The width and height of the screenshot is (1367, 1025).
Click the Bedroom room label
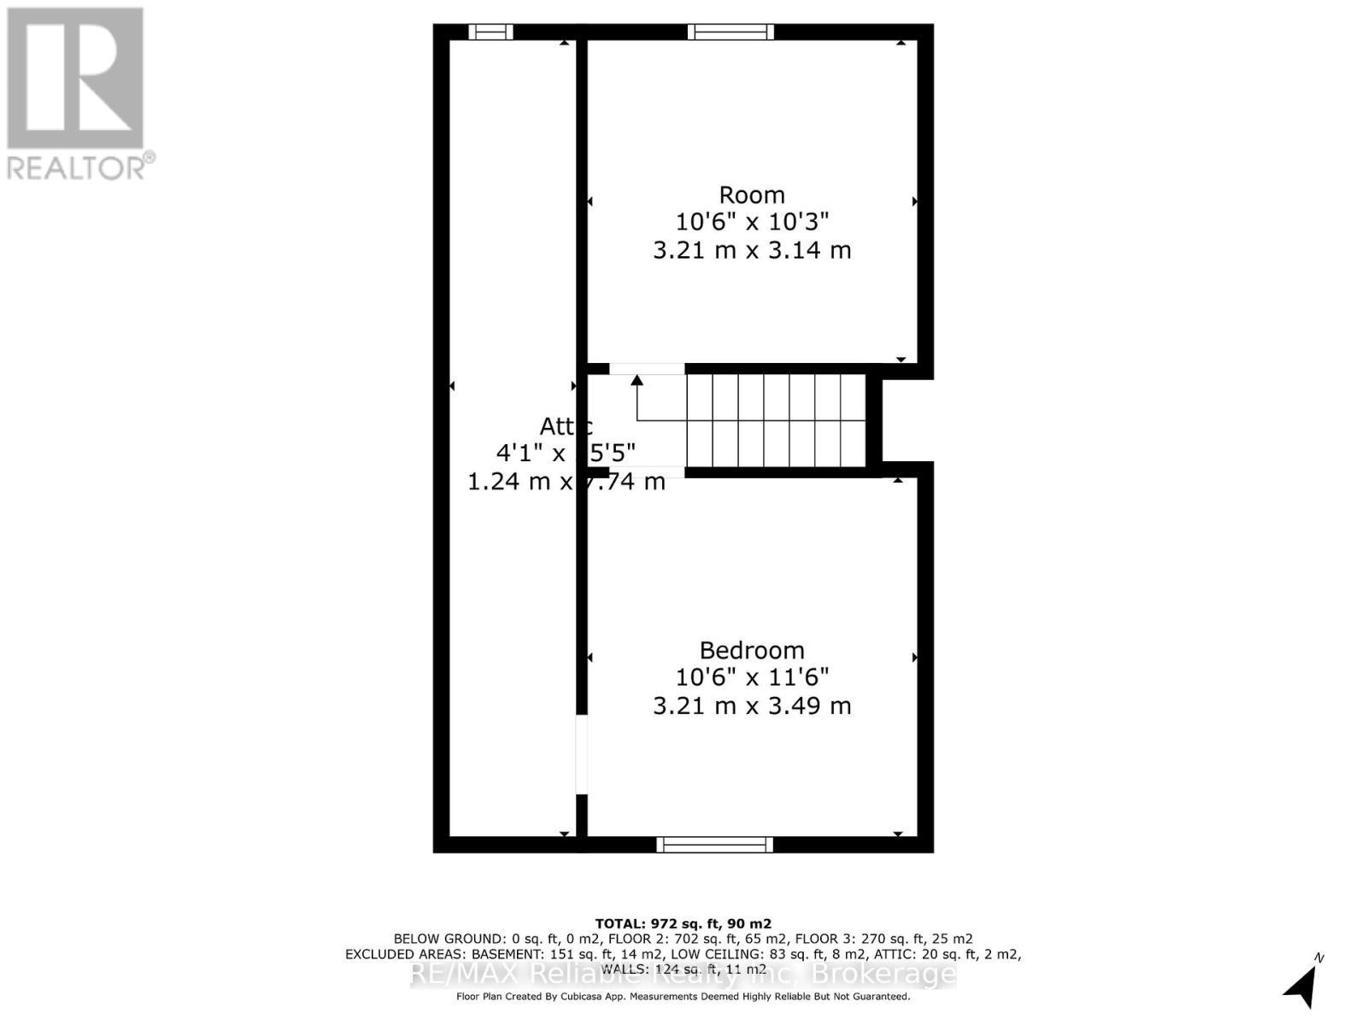pyautogui.click(x=752, y=650)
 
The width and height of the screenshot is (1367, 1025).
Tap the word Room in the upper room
pyautogui.click(x=752, y=195)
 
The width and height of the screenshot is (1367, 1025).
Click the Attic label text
pyautogui.click(x=565, y=425)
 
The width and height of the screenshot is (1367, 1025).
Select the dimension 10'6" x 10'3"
pyautogui.click(x=752, y=222)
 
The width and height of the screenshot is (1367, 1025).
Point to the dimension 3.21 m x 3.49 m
pyautogui.click(x=752, y=706)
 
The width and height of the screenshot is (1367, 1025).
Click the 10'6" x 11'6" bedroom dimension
pyautogui.click(x=752, y=677)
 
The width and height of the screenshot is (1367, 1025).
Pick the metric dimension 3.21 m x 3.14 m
pyautogui.click(x=752, y=250)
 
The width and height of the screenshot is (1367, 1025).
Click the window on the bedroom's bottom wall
pyautogui.click(x=715, y=845)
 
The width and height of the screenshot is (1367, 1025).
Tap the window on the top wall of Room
pyautogui.click(x=731, y=32)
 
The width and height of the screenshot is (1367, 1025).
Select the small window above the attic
pyautogui.click(x=491, y=32)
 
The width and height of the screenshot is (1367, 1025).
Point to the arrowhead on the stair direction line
pyautogui.click(x=637, y=380)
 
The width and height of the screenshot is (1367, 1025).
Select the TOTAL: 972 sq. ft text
pyautogui.click(x=683, y=923)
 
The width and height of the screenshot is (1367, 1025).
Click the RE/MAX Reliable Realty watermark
pyautogui.click(x=683, y=975)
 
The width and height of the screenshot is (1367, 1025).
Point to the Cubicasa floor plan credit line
pyautogui.click(x=683, y=997)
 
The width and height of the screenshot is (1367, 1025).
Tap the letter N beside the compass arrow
pyautogui.click(x=1319, y=958)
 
